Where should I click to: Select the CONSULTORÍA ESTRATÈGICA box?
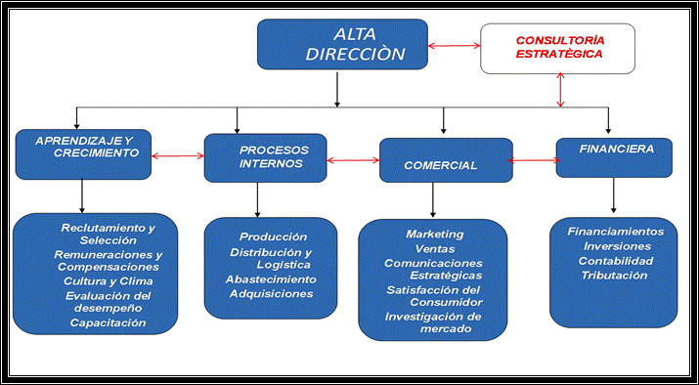(x=558, y=48)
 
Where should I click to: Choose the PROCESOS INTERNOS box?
(x=265, y=157)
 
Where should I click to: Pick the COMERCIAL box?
(x=445, y=160)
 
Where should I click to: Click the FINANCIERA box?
(x=615, y=155)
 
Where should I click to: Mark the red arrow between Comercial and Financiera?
(x=533, y=160)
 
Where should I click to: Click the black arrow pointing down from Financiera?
(x=614, y=196)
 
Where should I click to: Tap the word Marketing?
(x=435, y=235)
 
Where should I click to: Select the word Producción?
(x=273, y=236)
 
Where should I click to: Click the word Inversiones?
(x=616, y=246)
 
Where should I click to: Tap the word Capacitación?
(x=109, y=322)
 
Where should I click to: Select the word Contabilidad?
(x=616, y=261)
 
